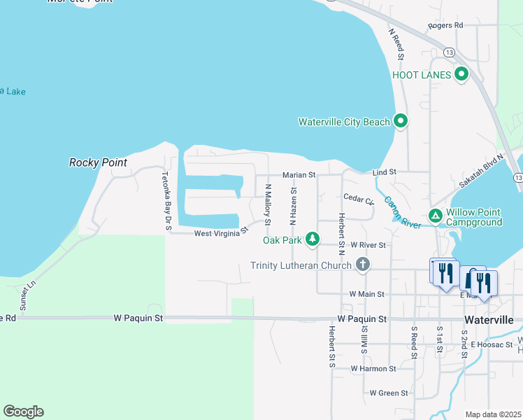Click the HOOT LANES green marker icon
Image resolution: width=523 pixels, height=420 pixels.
461,74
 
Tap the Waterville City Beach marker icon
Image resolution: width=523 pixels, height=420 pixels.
401,122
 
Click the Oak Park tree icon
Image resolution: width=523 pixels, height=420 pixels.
313,240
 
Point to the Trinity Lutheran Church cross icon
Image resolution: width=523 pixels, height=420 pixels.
362,265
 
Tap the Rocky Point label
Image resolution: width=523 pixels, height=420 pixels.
98,162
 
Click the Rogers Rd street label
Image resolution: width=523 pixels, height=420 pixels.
445,25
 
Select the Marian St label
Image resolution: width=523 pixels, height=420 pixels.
299,174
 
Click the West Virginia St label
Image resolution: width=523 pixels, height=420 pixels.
221,232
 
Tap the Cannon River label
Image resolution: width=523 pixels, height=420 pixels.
401,213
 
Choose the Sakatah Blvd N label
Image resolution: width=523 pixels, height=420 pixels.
481,171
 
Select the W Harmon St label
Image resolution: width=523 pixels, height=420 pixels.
373,368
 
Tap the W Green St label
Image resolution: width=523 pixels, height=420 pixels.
388,393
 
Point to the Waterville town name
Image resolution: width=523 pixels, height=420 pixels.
489,319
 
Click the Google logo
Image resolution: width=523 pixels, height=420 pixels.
23,412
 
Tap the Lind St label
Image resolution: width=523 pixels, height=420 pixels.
385,171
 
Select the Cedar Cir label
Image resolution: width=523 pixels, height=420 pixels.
359,199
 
